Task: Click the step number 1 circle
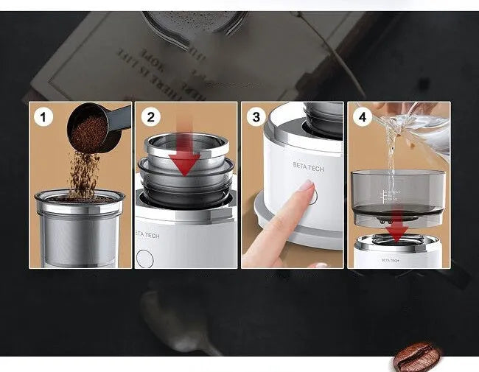43,116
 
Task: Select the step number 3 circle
256,116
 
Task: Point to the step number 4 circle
362,116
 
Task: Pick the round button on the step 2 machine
146,258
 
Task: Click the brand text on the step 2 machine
147,236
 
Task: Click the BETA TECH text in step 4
391,259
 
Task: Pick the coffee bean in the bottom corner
416,357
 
